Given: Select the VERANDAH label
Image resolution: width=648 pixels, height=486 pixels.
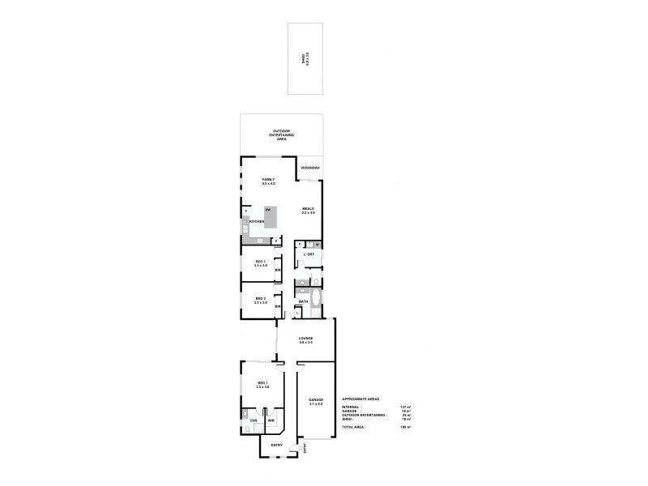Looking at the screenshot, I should coord(310,168).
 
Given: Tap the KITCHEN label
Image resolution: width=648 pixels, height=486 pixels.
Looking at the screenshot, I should coord(257,221).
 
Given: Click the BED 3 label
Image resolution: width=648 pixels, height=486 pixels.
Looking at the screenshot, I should coord(260,263).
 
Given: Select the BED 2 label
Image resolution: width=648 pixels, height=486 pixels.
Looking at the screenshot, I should coord(260,300).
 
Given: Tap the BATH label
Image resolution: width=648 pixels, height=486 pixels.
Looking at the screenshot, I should coord(302,302).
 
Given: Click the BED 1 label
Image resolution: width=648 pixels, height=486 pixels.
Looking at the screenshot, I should coord(262,385).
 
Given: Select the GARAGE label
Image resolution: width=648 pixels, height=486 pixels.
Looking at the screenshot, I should coord(316,401).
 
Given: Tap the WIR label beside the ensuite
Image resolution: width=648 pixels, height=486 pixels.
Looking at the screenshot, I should coord(271,420).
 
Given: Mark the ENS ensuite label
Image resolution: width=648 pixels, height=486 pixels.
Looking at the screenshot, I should coord(253,420).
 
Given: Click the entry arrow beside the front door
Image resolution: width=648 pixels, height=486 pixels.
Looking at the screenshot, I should coord(305,448).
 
